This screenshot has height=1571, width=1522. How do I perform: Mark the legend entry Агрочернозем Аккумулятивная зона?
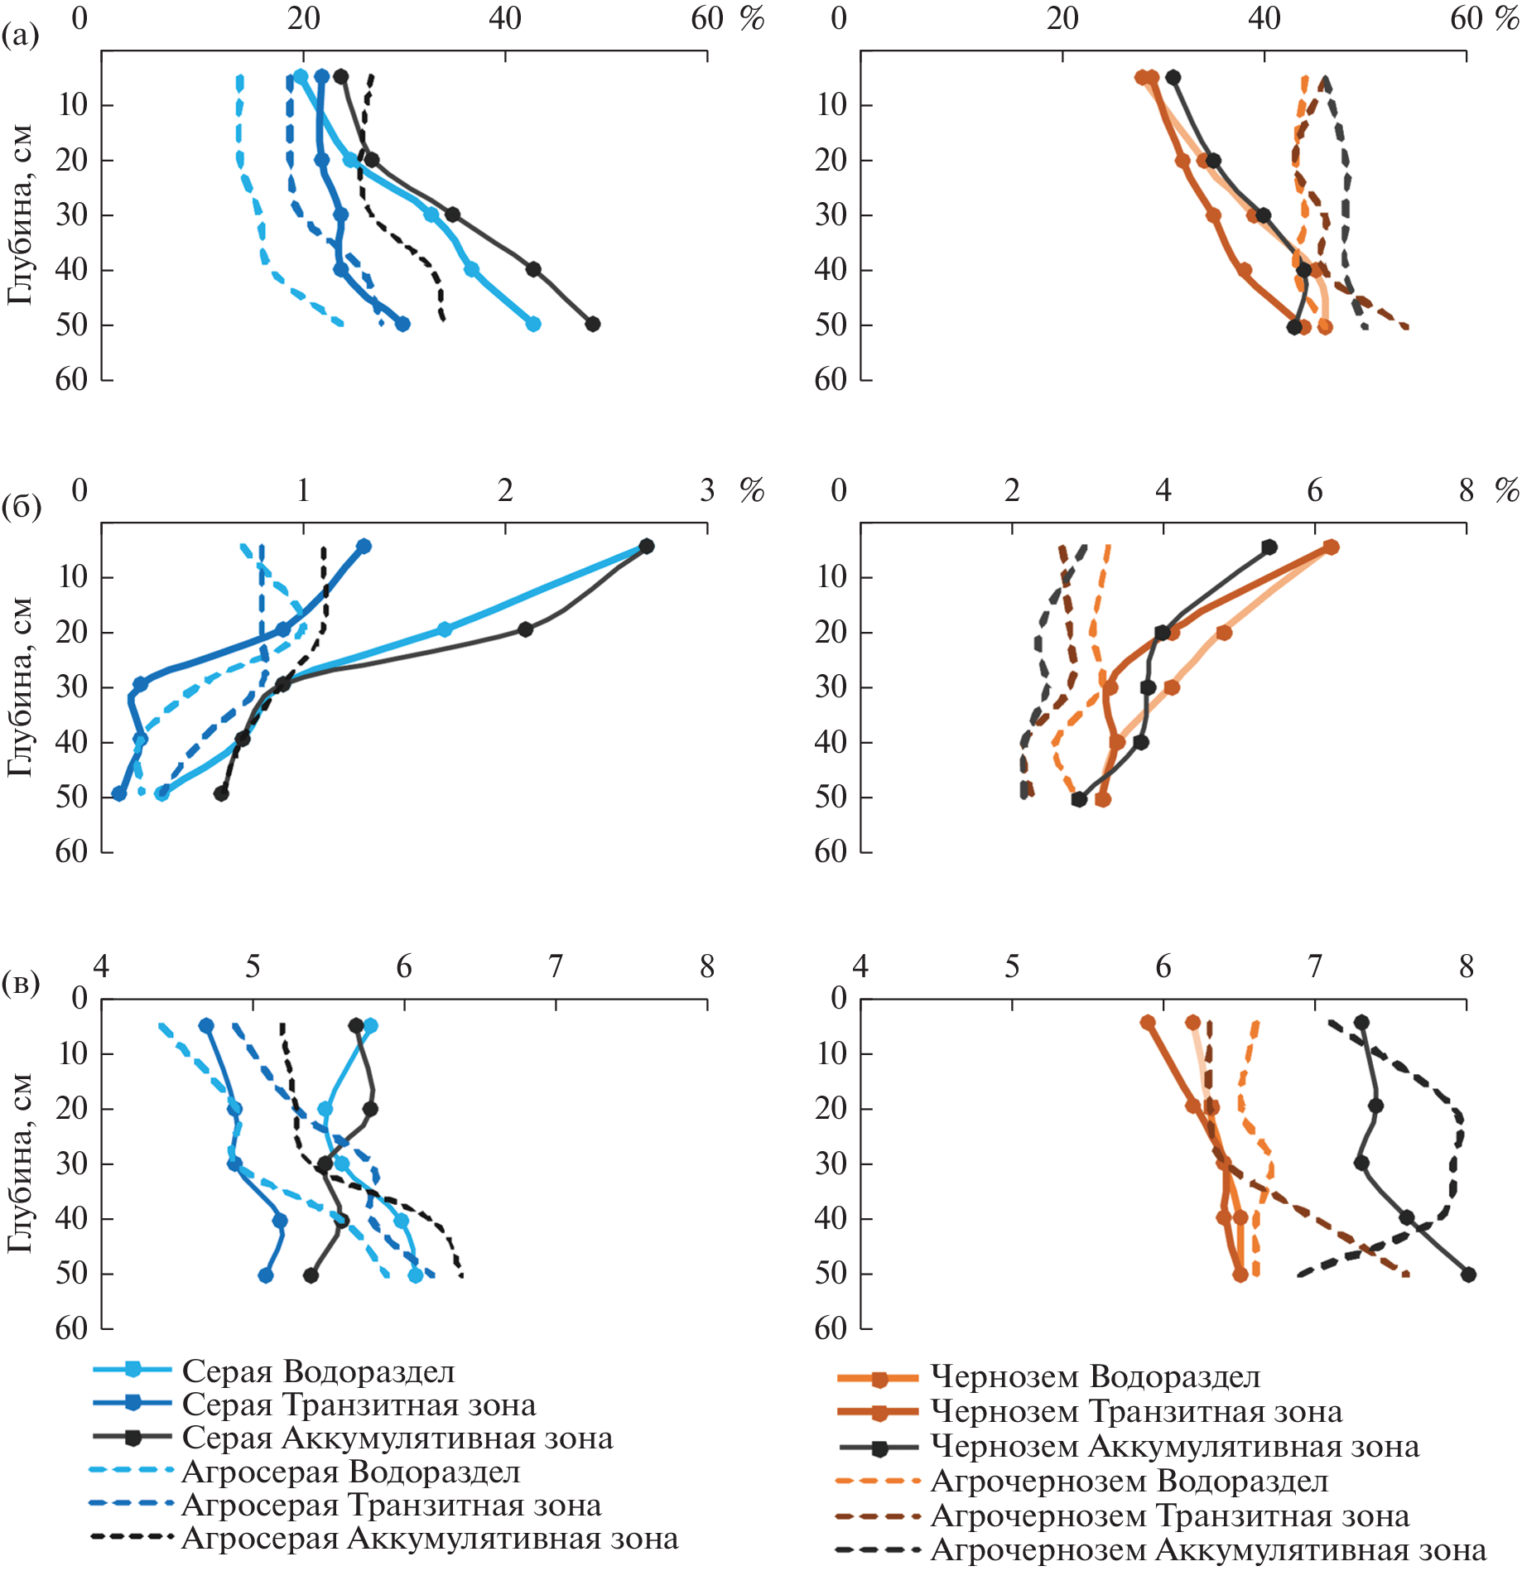click(x=1208, y=1549)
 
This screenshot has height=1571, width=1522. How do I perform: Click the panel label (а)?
click(x=20, y=35)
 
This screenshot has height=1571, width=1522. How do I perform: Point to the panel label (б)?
click(x=21, y=506)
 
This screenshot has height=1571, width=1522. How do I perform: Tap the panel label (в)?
click(x=20, y=983)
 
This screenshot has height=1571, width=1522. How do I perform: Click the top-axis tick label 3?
click(x=706, y=490)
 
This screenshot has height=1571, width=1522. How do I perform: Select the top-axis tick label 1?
click(x=303, y=490)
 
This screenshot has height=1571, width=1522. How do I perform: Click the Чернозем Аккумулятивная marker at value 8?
click(x=1468, y=1275)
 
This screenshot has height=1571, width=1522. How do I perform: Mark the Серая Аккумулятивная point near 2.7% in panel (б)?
click(x=647, y=546)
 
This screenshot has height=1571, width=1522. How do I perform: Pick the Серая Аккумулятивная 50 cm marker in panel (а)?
click(x=592, y=324)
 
